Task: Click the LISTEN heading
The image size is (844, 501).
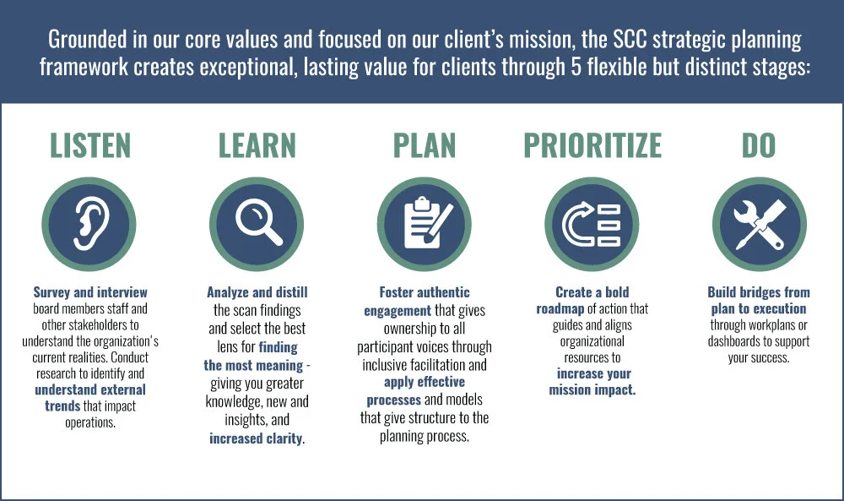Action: click(90, 145)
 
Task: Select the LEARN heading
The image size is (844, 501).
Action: click(257, 145)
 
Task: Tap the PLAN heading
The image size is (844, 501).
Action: click(424, 145)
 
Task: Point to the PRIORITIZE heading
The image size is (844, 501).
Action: click(592, 145)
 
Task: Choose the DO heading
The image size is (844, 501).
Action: click(758, 145)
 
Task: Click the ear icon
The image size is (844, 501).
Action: click(89, 224)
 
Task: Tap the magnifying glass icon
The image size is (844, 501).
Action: click(257, 224)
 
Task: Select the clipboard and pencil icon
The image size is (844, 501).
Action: click(424, 224)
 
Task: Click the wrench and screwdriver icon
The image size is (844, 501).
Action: click(759, 224)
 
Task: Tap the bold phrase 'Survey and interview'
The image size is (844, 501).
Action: click(90, 293)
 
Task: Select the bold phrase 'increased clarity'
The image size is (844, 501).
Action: click(256, 438)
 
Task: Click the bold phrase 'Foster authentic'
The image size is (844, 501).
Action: click(424, 293)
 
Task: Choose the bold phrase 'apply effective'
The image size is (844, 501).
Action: click(424, 381)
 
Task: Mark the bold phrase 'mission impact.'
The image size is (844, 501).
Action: click(592, 389)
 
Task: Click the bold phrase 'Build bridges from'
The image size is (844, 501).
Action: click(759, 293)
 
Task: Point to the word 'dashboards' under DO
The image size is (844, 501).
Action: click(743, 341)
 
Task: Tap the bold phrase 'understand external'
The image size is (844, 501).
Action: click(90, 389)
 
